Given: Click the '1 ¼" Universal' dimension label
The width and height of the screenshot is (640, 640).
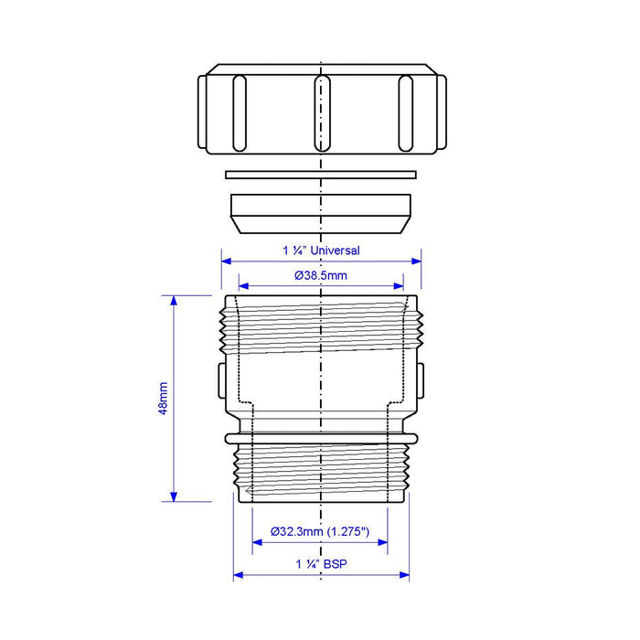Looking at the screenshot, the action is pyautogui.click(x=321, y=251).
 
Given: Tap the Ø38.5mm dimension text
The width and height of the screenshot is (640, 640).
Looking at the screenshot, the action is pyautogui.click(x=321, y=275).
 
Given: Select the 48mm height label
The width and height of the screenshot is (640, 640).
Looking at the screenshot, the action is pyautogui.click(x=163, y=399).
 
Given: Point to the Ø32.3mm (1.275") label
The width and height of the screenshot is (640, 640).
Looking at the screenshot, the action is pyautogui.click(x=320, y=531).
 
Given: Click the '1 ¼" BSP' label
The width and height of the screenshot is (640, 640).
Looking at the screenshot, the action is pyautogui.click(x=321, y=564).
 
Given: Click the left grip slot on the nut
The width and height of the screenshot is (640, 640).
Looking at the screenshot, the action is pyautogui.click(x=240, y=113).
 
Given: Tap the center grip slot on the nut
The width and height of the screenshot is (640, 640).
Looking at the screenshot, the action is pyautogui.click(x=322, y=113).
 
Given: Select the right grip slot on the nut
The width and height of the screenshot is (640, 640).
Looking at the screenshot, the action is pyautogui.click(x=405, y=113).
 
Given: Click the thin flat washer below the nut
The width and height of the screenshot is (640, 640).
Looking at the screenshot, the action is pyautogui.click(x=321, y=175).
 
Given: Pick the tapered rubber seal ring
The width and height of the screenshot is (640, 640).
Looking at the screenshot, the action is pyautogui.click(x=321, y=213).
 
